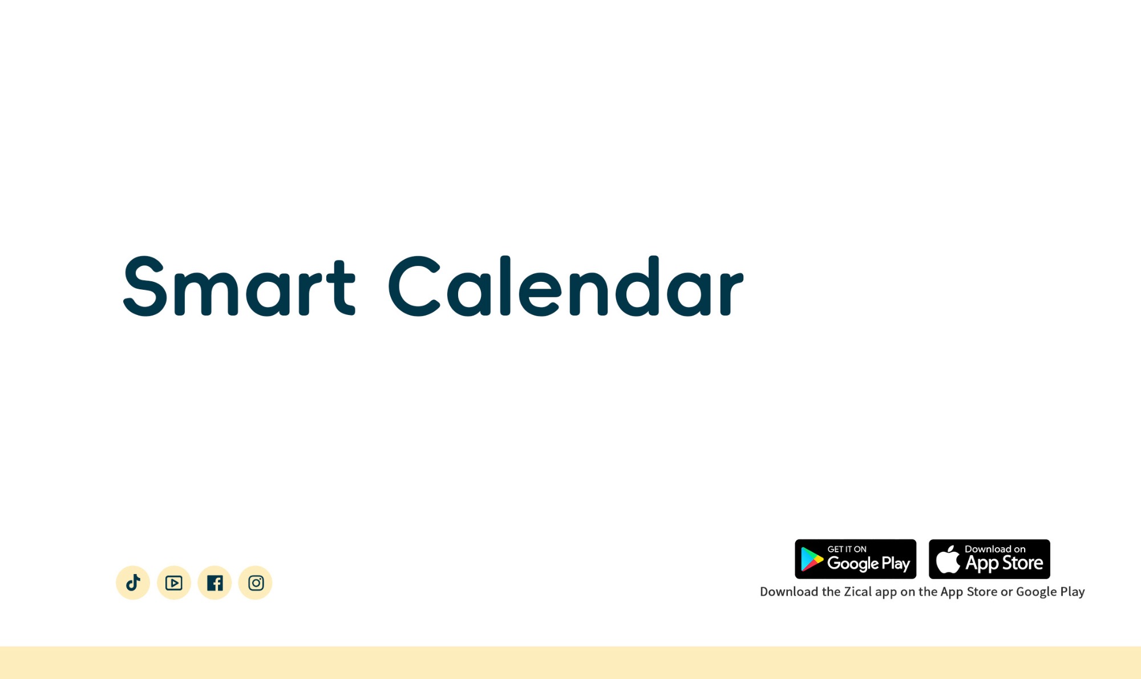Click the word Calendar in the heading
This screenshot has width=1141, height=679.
[566, 286]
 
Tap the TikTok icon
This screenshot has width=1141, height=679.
[133, 583]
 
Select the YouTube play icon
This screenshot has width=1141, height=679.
[174, 583]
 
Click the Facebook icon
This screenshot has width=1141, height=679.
[215, 583]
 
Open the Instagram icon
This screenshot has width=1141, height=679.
[256, 583]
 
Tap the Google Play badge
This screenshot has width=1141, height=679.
[856, 559]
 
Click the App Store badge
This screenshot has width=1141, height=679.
[989, 559]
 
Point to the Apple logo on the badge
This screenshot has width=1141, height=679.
[948, 559]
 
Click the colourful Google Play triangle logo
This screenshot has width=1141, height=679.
[811, 559]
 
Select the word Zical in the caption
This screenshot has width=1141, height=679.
[858, 592]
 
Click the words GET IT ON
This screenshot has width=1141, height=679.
[847, 549]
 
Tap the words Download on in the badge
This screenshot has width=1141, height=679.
[995, 549]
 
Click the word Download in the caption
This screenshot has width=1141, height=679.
[789, 592]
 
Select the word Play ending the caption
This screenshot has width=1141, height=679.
[1073, 592]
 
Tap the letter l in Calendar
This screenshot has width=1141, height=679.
[505, 285]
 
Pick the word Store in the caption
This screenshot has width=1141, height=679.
[982, 592]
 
